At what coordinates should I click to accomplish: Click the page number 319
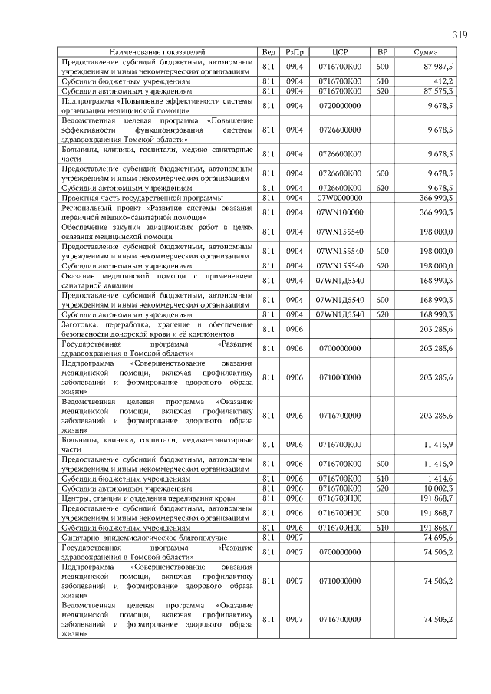click(x=460, y=35)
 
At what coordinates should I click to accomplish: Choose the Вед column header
click(x=269, y=52)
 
